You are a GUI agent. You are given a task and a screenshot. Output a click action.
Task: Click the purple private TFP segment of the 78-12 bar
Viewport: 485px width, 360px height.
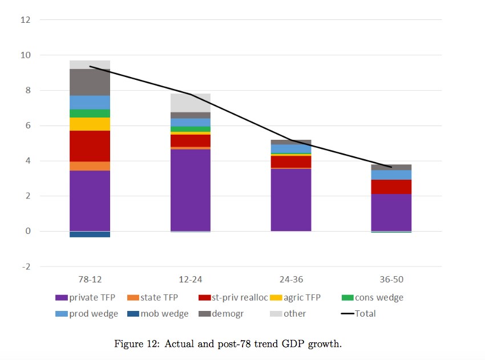click(x=90, y=201)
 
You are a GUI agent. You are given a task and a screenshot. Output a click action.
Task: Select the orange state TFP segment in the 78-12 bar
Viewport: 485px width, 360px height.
click(x=90, y=166)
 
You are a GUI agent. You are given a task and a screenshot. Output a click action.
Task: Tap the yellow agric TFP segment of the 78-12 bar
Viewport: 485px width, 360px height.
click(x=90, y=124)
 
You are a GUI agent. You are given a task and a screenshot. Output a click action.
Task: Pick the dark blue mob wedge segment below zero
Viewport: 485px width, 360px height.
click(x=90, y=234)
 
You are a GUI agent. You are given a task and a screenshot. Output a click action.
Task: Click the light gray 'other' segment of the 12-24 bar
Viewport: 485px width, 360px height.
click(x=191, y=103)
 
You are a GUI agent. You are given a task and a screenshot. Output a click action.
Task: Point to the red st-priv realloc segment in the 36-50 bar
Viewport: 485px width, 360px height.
click(x=391, y=187)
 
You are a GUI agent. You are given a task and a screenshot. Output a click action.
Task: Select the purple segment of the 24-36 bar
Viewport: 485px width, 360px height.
click(x=291, y=200)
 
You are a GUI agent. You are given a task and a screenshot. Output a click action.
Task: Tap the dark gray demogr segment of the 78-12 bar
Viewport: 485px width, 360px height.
click(x=90, y=82)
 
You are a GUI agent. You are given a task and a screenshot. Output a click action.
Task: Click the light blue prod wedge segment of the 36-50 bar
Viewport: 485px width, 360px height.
click(x=391, y=175)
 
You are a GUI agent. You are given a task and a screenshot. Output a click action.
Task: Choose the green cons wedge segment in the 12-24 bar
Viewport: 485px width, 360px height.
click(x=191, y=129)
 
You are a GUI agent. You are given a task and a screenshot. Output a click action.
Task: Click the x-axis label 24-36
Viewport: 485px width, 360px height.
click(x=291, y=280)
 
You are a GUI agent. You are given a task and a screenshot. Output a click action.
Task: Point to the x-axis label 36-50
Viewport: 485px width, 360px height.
click(x=391, y=280)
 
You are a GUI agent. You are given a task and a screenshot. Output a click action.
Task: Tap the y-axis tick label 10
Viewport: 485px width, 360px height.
click(x=26, y=55)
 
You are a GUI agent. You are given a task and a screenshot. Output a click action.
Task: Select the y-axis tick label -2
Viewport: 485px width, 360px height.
click(x=26, y=266)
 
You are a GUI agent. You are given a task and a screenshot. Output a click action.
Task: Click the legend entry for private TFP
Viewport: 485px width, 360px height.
click(x=85, y=297)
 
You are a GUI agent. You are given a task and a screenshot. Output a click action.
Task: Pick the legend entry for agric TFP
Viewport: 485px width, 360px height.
click(x=295, y=297)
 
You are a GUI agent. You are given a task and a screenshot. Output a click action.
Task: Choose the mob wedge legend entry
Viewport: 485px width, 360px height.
click(x=157, y=314)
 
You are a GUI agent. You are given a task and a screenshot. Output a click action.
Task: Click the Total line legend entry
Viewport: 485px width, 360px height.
click(x=358, y=314)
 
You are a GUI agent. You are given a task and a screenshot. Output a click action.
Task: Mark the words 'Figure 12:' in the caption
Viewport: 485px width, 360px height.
click(x=137, y=344)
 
